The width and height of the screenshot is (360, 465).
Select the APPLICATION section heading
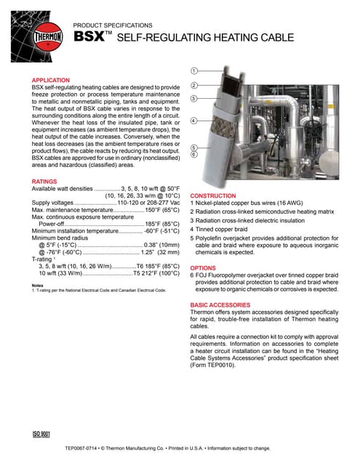(51, 80)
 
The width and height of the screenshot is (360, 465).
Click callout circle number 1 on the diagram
(194, 71)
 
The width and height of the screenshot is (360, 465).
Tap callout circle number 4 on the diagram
(194, 120)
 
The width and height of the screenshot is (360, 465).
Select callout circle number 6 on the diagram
(194, 154)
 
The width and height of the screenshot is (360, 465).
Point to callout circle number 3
(194, 98)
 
